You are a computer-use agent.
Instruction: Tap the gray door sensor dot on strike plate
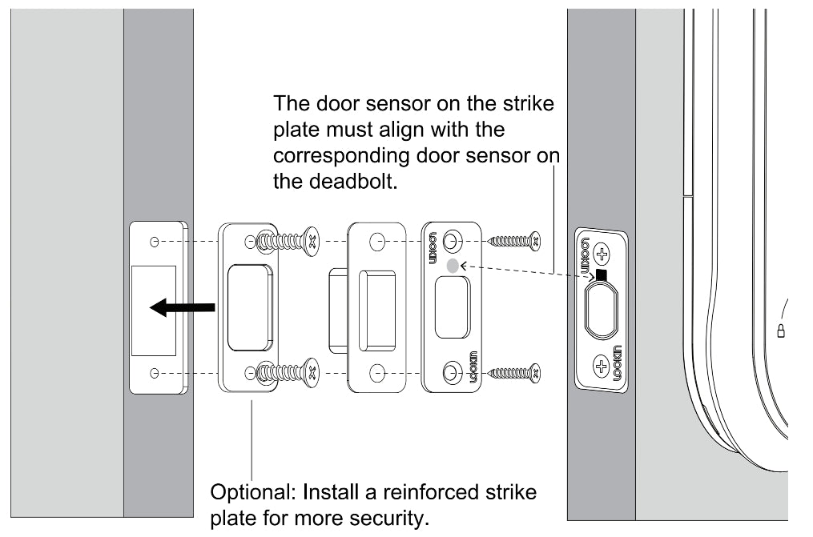pyautogui.click(x=453, y=266)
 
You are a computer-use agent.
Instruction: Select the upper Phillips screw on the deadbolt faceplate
pyautogui.click(x=603, y=256)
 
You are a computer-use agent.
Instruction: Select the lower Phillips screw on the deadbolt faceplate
pyautogui.click(x=602, y=367)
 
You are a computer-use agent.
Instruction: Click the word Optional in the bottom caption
pyautogui.click(x=244, y=490)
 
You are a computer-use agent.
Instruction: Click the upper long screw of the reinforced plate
pyautogui.click(x=288, y=239)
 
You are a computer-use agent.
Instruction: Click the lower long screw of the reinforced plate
pyautogui.click(x=288, y=372)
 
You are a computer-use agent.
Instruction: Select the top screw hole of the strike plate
pyautogui.click(x=453, y=240)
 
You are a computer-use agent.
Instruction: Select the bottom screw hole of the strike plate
pyautogui.click(x=453, y=372)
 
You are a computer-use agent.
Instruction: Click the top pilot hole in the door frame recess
pyautogui.click(x=155, y=241)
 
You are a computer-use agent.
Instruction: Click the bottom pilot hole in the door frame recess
pyautogui.click(x=155, y=373)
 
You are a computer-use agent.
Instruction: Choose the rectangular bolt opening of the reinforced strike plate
pyautogui.click(x=249, y=307)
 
